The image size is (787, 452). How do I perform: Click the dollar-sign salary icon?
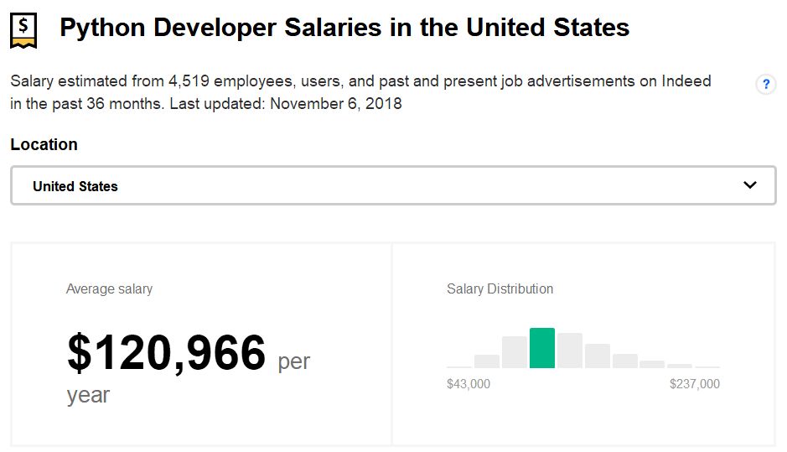pos(23,29)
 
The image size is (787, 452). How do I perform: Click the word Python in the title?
pos(99,28)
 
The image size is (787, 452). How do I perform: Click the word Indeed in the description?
pos(686,81)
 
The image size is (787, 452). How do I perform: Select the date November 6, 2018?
pos(336,104)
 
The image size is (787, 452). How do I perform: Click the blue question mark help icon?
pos(765,85)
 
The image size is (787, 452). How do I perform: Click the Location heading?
pos(44,144)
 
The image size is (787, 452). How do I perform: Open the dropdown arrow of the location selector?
pos(749,185)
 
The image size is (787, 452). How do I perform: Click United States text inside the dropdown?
pos(75,186)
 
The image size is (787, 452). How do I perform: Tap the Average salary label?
pos(109,288)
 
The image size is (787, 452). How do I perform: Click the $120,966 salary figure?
pos(166,353)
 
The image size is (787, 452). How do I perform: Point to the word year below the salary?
pos(88,394)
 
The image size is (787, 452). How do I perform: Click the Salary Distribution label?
pos(500,288)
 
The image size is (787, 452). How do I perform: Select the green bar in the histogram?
pos(542,348)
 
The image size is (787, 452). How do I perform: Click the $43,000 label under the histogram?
pos(469,384)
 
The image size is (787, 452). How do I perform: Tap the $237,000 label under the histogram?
pos(694,384)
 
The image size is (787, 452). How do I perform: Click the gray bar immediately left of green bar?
pos(515,352)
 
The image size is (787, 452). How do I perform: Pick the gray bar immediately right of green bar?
pos(570,351)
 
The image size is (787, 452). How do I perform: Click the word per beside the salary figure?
pos(293,361)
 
